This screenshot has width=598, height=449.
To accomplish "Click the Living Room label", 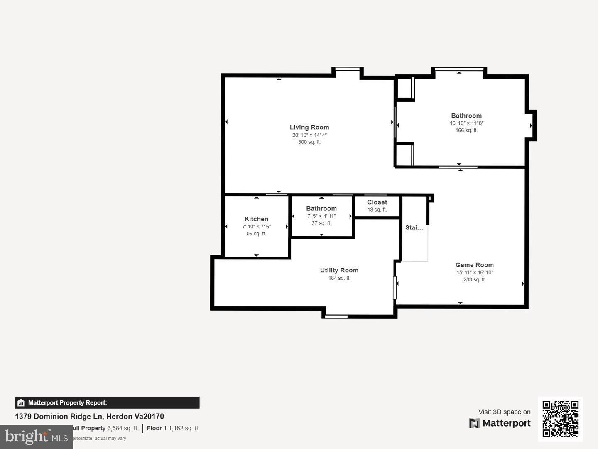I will (309, 128).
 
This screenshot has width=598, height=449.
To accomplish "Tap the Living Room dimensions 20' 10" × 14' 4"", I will (309, 135).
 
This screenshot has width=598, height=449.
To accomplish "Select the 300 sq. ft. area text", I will (309, 142).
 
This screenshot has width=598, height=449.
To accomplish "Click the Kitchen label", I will (256, 219).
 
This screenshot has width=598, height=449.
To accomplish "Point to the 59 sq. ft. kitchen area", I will (256, 234).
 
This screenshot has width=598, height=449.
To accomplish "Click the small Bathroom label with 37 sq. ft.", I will (321, 209).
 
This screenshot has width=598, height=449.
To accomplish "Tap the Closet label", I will (377, 202).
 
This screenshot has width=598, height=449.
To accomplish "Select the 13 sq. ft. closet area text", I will (377, 210).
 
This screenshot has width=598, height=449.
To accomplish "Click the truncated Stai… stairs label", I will (414, 228).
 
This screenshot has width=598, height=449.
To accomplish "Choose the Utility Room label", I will (339, 270).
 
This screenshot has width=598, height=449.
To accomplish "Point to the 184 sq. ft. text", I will (339, 278).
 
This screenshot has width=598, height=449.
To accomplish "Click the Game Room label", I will (475, 265).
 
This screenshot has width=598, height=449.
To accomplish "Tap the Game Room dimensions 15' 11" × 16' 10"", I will (475, 273).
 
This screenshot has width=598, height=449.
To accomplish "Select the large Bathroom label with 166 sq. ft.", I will (466, 116).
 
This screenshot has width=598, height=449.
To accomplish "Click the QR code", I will (561, 419).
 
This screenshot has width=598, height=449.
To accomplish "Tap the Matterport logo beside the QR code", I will (500, 423).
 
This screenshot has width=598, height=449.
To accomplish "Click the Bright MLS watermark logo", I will (37, 437).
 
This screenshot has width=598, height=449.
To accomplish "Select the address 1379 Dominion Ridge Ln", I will (89, 417).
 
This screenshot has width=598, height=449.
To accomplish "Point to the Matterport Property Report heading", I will (67, 403).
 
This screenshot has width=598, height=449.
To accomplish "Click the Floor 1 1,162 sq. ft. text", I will (173, 428).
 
